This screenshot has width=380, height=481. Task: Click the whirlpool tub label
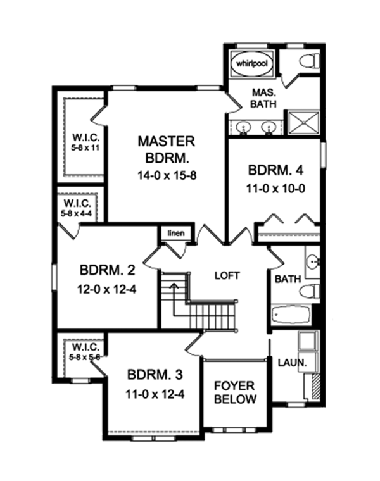(252, 64)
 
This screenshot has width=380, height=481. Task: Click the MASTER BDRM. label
(167, 150)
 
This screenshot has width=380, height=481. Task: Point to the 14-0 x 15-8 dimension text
(167, 176)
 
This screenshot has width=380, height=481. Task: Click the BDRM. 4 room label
(275, 170)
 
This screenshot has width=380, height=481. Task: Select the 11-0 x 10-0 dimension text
(275, 189)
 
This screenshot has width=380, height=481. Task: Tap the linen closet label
(176, 233)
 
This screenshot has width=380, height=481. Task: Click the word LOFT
(227, 275)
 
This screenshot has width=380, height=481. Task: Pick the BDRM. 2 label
(107, 271)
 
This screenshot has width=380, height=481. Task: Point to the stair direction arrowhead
(174, 285)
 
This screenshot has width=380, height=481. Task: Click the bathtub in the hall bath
(291, 314)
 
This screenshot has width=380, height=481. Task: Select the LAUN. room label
(292, 363)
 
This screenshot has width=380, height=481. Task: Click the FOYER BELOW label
(235, 392)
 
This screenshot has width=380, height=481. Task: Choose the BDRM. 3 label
(155, 375)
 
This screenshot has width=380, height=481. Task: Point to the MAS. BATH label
(263, 98)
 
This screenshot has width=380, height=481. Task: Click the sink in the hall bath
(313, 261)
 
